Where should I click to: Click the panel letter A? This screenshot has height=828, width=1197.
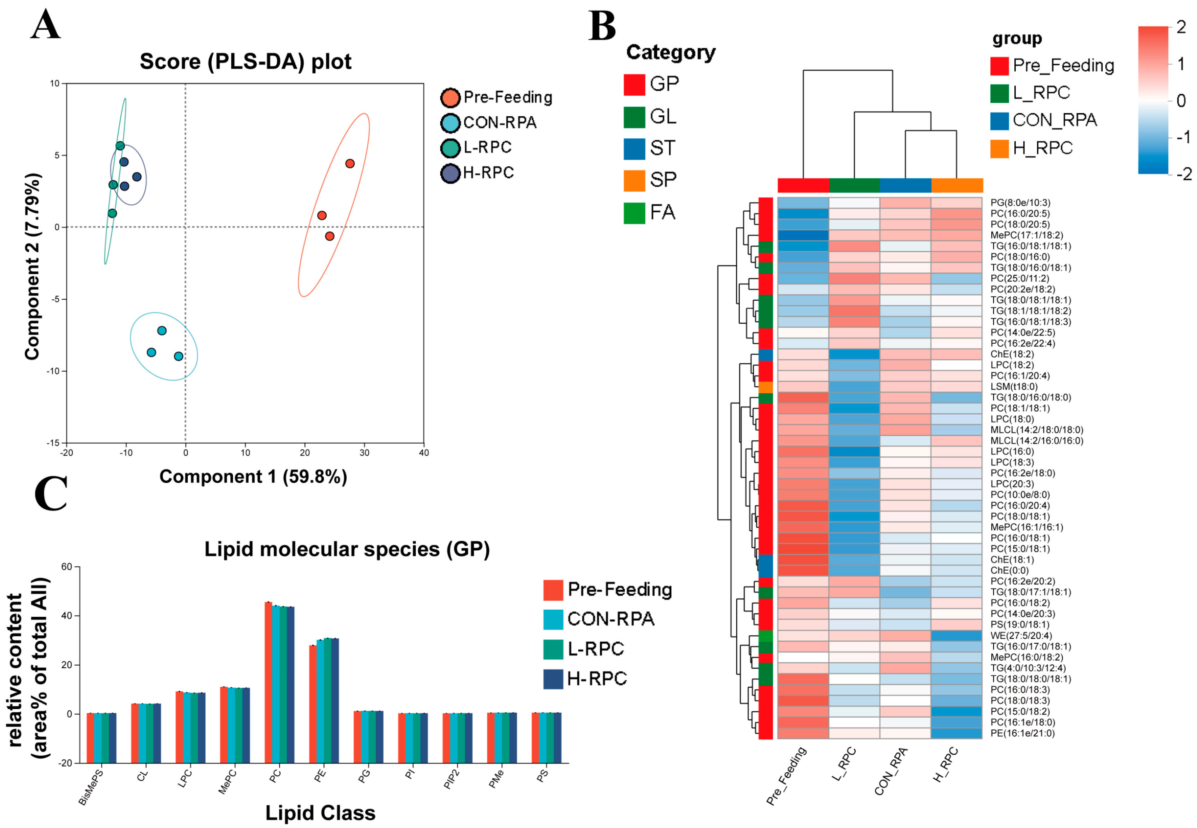[x=45, y=25]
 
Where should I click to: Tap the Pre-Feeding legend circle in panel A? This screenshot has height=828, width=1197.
[x=450, y=98]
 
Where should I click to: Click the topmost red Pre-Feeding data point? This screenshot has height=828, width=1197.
[x=350, y=164]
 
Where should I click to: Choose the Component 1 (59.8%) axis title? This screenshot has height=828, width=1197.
[x=253, y=476]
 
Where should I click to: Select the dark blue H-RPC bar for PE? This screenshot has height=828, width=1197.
[x=335, y=676]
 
